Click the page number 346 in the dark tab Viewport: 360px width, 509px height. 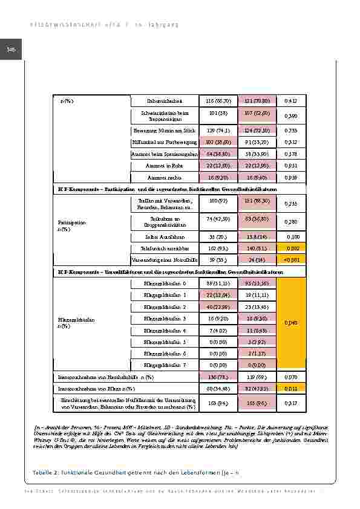pos(10,50)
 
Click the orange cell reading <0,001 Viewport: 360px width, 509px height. pos(291,259)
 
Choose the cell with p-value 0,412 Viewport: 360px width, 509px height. pos(291,100)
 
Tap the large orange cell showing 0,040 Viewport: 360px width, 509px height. pos(291,323)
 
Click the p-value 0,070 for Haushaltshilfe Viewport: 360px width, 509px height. pos(291,377)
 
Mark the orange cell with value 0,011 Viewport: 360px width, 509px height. pos(291,389)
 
